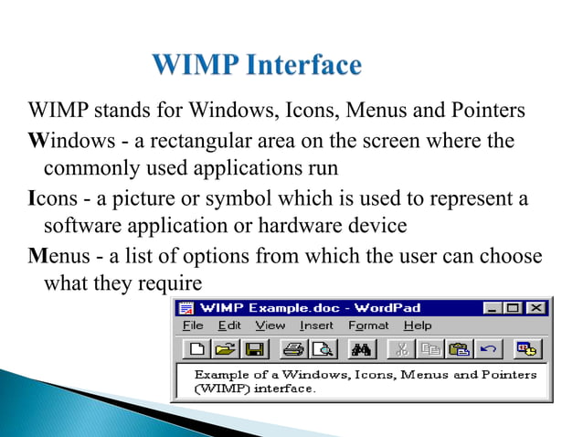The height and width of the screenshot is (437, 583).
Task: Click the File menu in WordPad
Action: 193,325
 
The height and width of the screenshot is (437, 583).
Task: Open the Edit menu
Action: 229,325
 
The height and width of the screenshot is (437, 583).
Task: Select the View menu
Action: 270,325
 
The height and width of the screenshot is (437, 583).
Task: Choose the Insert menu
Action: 316,325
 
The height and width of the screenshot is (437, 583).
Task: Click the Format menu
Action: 368,325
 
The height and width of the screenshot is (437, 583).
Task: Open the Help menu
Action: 417,325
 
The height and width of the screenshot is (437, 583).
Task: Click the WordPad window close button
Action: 535,307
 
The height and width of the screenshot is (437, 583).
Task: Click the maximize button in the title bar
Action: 514,307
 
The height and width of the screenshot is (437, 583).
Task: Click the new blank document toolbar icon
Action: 196,348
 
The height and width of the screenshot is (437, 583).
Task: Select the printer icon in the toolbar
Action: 292,348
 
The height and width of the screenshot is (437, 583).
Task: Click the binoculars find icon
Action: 360,348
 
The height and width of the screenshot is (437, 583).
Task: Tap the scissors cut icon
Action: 400,348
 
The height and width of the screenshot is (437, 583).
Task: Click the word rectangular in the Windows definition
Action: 164,142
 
